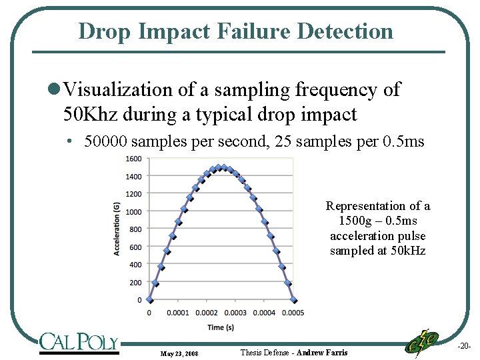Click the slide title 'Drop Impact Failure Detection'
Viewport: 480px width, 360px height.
tap(235, 31)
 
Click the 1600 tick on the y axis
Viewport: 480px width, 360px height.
tap(133, 159)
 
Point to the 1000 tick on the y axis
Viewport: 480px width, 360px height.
tap(133, 212)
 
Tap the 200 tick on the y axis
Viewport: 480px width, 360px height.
tap(135, 283)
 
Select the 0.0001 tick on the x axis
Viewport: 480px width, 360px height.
tap(177, 313)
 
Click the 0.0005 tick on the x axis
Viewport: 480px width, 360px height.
tap(293, 313)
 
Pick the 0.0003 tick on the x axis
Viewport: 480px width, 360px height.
tap(235, 313)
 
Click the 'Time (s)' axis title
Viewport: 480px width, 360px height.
tap(220, 327)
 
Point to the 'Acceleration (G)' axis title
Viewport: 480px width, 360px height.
tap(117, 229)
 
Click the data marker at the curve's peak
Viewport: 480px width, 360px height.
tap(222, 167)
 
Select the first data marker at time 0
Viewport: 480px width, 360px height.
tap(149, 300)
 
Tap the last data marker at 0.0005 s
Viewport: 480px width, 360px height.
tap(294, 300)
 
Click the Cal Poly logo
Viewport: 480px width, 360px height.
tap(78, 342)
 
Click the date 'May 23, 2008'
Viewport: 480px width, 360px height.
tap(179, 353)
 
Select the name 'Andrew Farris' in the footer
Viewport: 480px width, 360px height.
tap(322, 352)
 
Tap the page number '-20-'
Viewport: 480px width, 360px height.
tap(464, 346)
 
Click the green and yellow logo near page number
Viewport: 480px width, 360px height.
tap(422, 343)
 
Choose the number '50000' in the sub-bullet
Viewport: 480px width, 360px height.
tap(107, 141)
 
